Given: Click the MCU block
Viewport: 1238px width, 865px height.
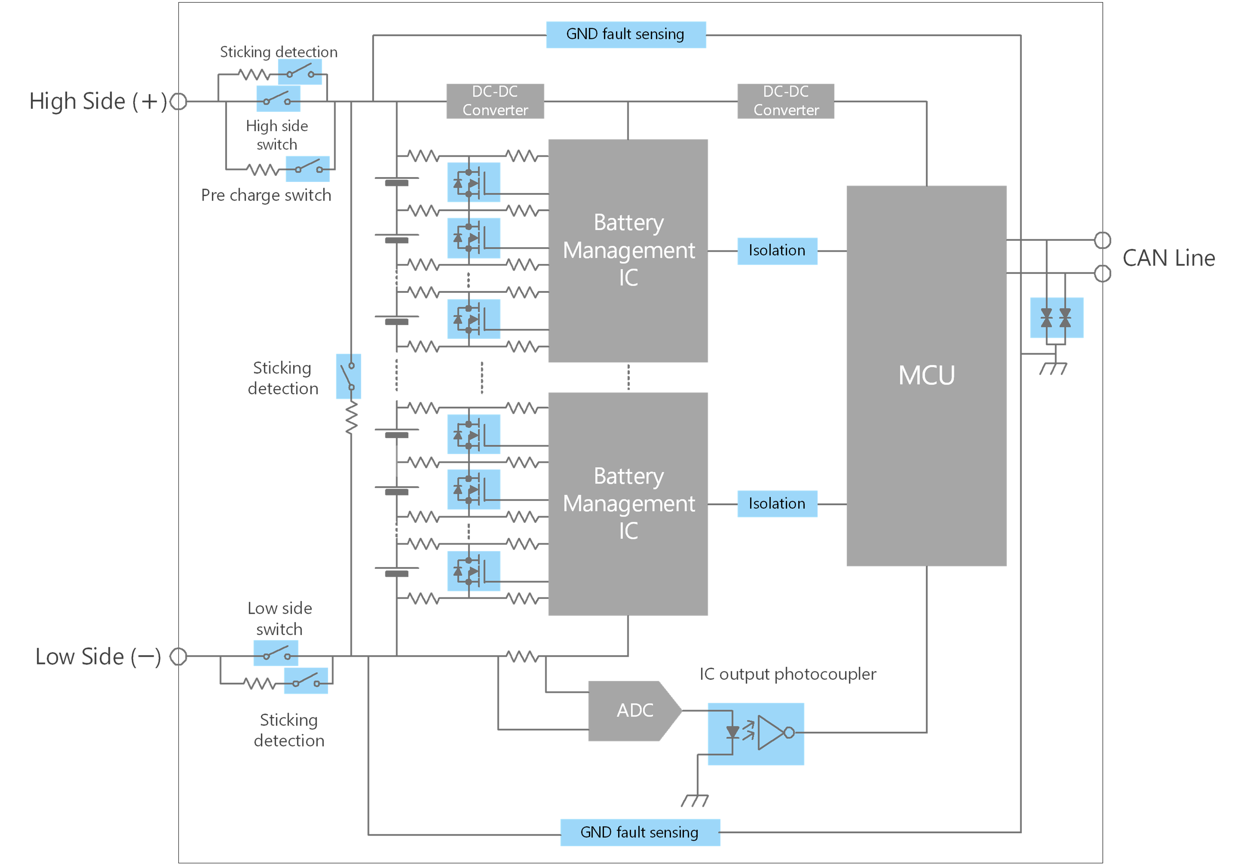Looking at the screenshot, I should [x=926, y=375].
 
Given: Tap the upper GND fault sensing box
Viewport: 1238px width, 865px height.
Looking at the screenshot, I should [x=625, y=34].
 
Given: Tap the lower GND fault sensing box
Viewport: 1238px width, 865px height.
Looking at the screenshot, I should [x=640, y=832].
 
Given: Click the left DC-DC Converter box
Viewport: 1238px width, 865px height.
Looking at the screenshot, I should [x=495, y=101].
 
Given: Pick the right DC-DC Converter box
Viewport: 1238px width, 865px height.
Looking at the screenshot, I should [x=786, y=101].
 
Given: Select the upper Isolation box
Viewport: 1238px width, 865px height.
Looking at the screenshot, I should [x=777, y=251].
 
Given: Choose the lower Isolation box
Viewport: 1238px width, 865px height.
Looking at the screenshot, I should [x=777, y=504].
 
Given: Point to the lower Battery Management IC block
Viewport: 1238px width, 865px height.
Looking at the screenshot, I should [x=628, y=504].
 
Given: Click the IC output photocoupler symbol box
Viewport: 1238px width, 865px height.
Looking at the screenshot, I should [x=756, y=733].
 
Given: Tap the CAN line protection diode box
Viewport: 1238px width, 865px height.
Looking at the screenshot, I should [x=1056, y=318].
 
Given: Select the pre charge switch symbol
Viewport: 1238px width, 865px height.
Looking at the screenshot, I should [x=307, y=169].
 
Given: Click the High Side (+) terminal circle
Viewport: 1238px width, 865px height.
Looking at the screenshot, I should [x=178, y=101].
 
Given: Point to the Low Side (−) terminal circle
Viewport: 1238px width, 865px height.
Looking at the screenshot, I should [x=178, y=656].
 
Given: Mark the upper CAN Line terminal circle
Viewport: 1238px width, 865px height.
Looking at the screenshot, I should [x=1103, y=240].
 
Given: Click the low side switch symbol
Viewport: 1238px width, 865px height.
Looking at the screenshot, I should [x=276, y=653].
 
